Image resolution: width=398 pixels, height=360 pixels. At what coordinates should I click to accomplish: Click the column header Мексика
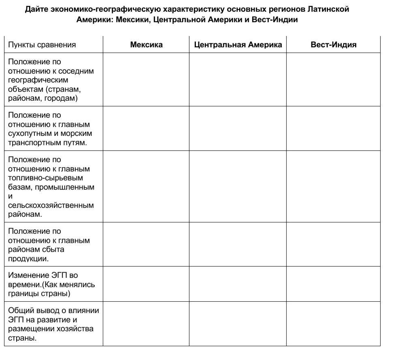click(146, 45)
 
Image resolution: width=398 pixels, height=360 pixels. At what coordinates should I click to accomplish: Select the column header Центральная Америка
click(238, 45)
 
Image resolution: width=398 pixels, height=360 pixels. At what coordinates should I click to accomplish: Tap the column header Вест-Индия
click(333, 45)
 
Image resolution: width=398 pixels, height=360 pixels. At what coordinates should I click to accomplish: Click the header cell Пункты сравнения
click(42, 45)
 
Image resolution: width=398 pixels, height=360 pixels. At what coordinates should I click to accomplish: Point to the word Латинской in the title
click(328, 9)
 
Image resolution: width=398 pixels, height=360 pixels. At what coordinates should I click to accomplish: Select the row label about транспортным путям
click(50, 129)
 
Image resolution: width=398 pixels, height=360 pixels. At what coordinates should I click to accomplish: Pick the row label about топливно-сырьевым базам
click(51, 186)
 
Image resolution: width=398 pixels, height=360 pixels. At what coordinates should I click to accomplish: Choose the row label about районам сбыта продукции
click(49, 245)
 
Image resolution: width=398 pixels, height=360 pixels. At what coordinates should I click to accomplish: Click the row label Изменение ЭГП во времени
click(51, 284)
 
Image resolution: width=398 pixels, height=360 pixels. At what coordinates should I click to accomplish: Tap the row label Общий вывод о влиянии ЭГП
click(53, 324)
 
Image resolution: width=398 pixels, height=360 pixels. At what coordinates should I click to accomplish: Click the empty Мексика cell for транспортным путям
click(146, 129)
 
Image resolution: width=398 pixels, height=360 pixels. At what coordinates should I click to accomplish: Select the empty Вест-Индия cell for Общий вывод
click(333, 324)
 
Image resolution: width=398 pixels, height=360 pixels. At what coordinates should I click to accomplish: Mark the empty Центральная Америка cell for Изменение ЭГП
click(238, 284)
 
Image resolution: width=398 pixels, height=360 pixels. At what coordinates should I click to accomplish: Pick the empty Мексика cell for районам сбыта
click(146, 245)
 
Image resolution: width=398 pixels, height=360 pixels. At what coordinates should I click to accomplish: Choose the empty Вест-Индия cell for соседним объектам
click(333, 80)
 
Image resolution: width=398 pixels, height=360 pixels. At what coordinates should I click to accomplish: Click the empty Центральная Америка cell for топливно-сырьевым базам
click(238, 186)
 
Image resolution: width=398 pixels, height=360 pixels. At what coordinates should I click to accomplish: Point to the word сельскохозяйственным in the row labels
click(51, 205)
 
